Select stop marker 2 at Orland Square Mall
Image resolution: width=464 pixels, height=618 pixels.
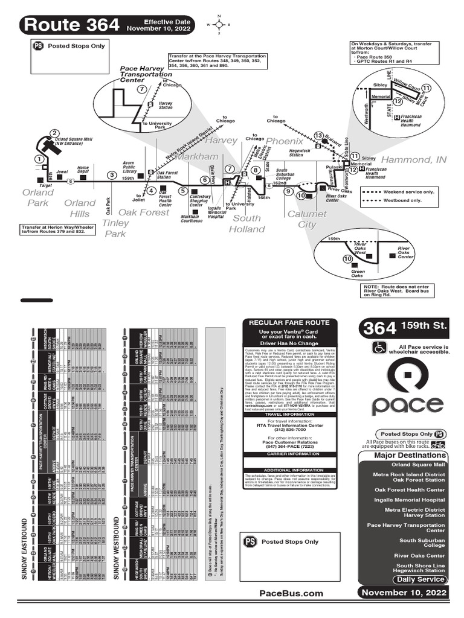[54, 133]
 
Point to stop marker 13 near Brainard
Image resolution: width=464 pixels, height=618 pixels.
[318, 136]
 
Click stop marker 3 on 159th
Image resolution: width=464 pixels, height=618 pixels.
[112, 175]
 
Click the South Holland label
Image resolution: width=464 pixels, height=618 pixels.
[247, 223]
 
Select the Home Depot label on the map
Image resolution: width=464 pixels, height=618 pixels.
[83, 170]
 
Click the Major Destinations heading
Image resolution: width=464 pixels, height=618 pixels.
[410, 455]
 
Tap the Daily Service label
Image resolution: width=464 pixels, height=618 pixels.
[420, 579]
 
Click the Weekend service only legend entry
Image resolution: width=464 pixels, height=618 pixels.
[403, 191]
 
